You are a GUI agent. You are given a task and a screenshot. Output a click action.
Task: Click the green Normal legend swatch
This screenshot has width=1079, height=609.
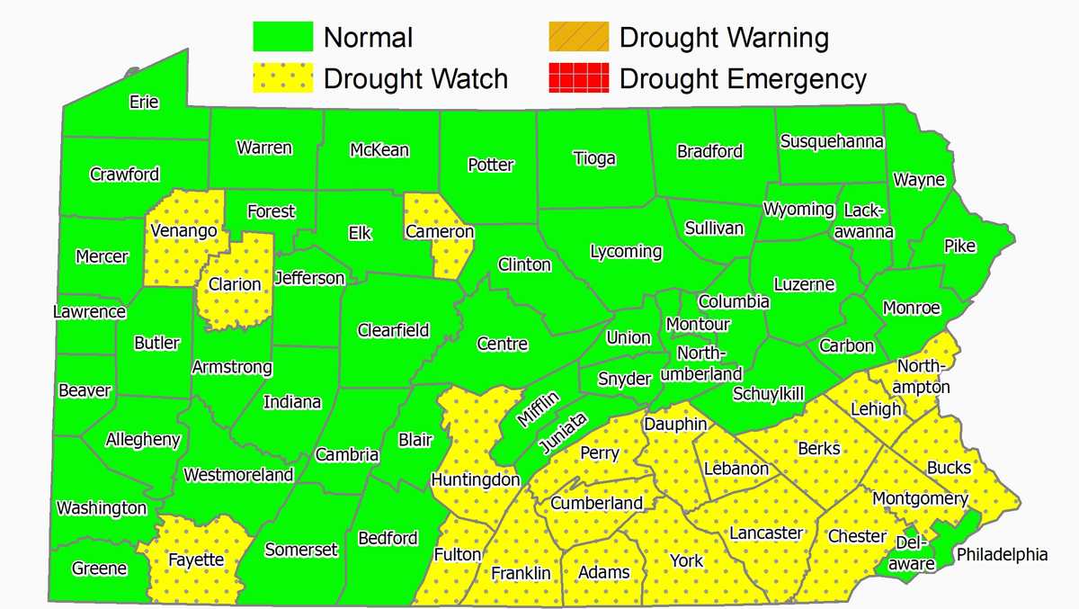tap(281, 38)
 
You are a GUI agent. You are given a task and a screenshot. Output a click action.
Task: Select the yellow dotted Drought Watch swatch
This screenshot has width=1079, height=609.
tap(281, 78)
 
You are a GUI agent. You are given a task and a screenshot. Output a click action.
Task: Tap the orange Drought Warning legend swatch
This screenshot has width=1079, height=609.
tap(578, 38)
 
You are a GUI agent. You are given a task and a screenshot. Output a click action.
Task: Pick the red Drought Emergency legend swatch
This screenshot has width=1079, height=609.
tap(578, 78)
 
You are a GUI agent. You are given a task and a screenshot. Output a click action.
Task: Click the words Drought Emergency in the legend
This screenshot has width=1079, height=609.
tap(743, 78)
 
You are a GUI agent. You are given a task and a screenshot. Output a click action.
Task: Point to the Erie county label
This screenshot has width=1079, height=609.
tap(144, 102)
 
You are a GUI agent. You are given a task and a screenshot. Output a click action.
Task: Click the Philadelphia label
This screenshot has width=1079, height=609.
tap(1002, 554)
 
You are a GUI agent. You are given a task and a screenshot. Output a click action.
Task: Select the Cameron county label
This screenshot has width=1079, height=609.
tap(440, 232)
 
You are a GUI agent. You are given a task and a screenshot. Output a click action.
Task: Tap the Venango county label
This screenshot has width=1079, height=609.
tap(184, 231)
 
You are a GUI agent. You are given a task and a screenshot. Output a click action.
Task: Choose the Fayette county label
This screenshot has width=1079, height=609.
tap(196, 560)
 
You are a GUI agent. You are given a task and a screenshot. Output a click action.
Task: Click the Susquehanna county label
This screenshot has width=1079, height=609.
tap(832, 141)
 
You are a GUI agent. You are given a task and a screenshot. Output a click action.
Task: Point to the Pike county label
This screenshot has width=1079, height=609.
tap(959, 246)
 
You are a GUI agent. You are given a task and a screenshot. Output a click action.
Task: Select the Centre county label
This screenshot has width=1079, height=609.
tap(503, 344)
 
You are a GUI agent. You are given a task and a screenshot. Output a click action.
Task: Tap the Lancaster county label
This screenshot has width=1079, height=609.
tap(765, 533)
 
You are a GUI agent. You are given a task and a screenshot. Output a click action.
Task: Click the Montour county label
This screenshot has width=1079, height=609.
tap(698, 324)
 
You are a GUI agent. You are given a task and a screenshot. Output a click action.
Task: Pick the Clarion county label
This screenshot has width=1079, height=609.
tap(235, 284)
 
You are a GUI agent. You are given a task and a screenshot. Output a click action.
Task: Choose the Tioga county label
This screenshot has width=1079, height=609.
tap(594, 158)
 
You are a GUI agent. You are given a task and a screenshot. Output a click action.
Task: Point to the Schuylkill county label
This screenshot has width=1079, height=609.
tap(768, 393)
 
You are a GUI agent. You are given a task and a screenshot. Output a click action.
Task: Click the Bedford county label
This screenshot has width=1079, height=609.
tap(388, 538)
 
